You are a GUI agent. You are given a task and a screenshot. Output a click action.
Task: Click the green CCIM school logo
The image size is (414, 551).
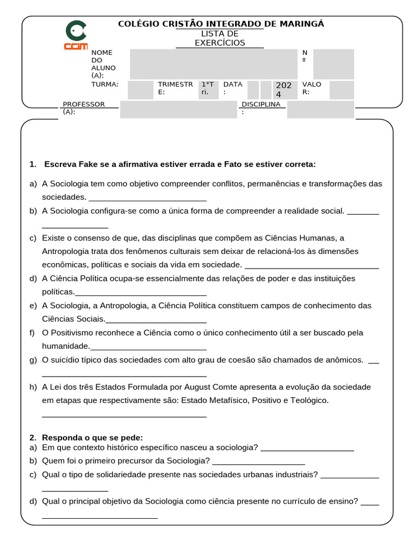coord(75,36)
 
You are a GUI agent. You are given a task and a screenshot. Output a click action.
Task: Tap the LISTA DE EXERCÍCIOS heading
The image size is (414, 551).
coord(219,38)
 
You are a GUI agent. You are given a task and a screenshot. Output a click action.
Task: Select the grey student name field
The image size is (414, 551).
coord(213,64)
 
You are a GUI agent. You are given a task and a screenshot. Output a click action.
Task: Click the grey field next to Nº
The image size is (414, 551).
coord(333,64)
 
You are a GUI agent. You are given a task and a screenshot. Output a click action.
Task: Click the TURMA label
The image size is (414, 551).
coord(105,84)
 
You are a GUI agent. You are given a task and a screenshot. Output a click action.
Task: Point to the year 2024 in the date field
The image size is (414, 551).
coord(283,90)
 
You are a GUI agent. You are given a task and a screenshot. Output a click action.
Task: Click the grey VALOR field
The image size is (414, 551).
coord(341,90)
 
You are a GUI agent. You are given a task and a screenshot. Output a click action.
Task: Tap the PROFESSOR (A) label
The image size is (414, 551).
coord(84,108)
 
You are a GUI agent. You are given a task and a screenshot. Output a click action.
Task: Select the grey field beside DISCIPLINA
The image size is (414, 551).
coord(320,109)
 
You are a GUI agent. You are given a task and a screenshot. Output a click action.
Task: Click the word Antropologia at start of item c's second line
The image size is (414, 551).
coord(66,251)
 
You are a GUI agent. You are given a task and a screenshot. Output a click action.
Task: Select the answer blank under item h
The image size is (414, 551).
coord(124,415)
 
